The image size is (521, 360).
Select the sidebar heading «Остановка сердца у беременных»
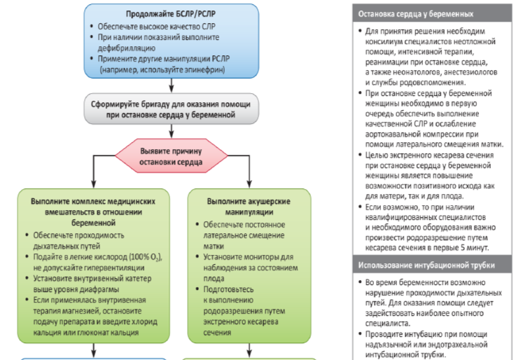click(x=404, y=13)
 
